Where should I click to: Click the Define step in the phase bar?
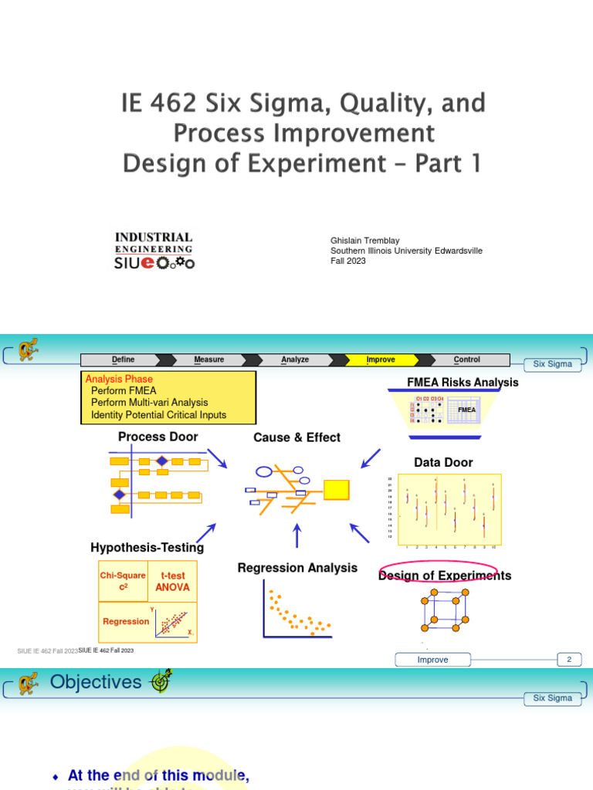(123, 360)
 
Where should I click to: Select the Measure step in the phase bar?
(209, 360)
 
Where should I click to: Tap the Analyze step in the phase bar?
(295, 360)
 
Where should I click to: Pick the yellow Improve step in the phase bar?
(381, 360)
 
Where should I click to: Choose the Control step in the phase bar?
(466, 360)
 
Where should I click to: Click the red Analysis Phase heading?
(119, 379)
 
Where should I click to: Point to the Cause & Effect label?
(296, 437)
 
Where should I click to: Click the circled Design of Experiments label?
(445, 576)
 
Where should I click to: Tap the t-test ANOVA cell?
(172, 582)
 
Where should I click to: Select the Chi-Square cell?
(123, 581)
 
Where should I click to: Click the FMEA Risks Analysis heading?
(463, 383)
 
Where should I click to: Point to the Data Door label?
(443, 462)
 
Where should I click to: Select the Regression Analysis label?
(297, 568)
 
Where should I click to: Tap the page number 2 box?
(569, 659)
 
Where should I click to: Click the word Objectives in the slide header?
(96, 682)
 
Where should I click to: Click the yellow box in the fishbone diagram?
(336, 489)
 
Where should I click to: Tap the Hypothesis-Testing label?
(147, 548)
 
